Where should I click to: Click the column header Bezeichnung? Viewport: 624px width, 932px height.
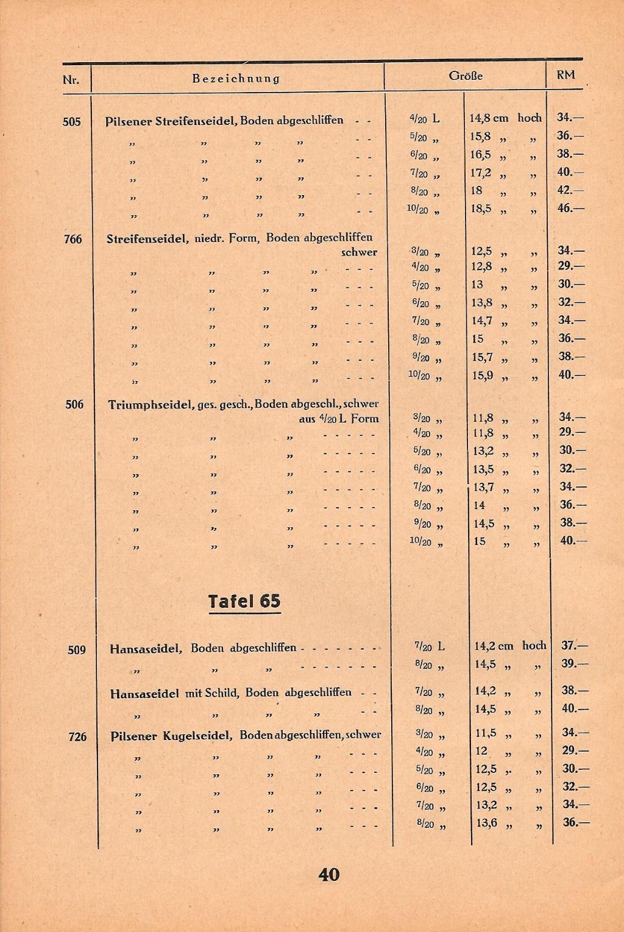click(x=236, y=79)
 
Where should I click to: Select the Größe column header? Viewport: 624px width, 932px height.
click(x=465, y=76)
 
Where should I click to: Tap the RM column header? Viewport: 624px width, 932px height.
click(x=565, y=76)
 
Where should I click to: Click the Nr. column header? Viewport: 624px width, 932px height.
click(x=71, y=79)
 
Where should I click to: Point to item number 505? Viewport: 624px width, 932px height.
click(x=71, y=121)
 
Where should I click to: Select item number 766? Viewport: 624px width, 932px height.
click(x=73, y=239)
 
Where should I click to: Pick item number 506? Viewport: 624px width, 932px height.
click(x=74, y=404)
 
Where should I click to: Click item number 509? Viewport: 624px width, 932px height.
click(x=76, y=650)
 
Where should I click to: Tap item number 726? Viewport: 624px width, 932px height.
click(x=77, y=736)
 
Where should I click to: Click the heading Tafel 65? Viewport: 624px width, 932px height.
click(x=244, y=602)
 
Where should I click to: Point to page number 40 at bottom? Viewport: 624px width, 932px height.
click(x=328, y=875)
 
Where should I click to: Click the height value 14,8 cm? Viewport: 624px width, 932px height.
click(x=489, y=118)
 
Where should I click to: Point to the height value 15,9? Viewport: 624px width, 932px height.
click(x=483, y=375)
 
